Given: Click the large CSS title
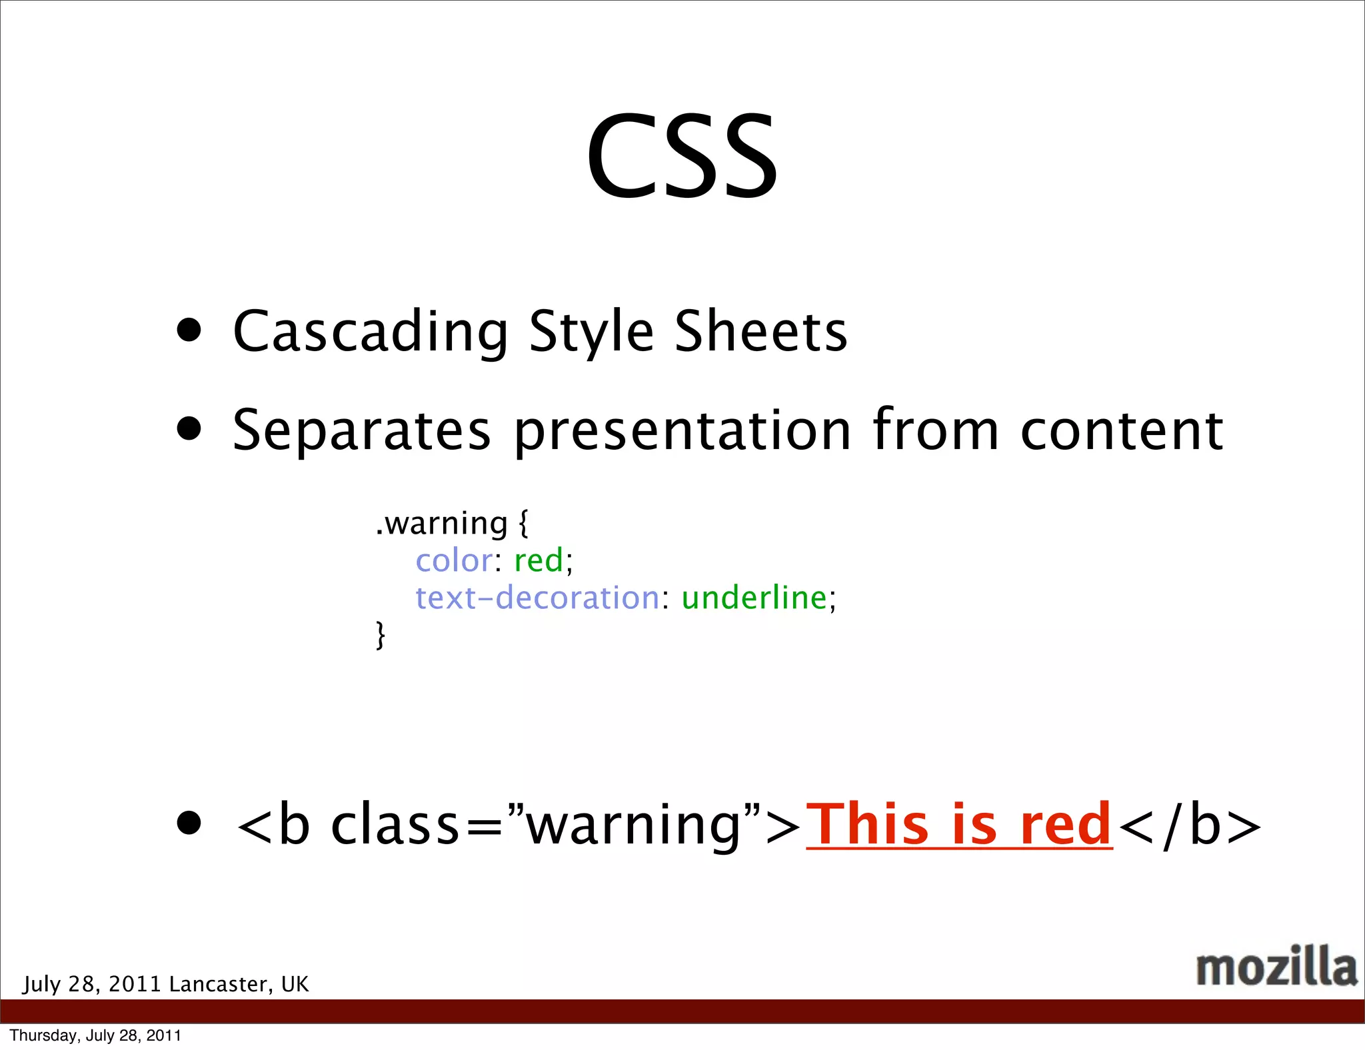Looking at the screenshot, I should point(682,157).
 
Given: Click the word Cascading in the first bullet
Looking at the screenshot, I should point(371,331).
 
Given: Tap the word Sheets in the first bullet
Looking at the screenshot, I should point(760,331).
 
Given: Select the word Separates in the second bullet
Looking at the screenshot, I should point(361,430).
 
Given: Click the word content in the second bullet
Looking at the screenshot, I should point(1122,430).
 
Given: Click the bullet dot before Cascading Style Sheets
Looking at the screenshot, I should point(189,330).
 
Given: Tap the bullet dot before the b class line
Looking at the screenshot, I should point(189,823).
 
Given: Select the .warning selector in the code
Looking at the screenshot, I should point(441,523).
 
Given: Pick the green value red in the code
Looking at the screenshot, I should point(539,560).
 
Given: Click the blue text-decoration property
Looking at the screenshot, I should point(537,598).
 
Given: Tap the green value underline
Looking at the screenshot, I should point(754,598).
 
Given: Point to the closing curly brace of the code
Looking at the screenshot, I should point(381,634).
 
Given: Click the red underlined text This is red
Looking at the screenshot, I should point(958,825).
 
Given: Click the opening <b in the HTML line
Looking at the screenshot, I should point(273,825).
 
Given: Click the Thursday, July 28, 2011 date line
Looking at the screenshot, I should point(95,1035).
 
